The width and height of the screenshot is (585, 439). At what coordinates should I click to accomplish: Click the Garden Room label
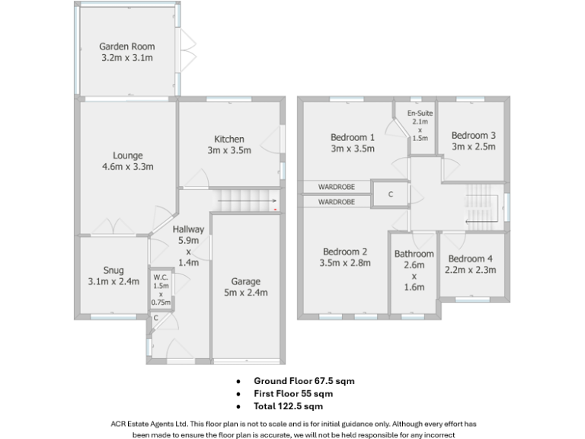(x=126, y=51)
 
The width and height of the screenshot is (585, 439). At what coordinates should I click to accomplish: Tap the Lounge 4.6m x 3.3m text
(x=128, y=161)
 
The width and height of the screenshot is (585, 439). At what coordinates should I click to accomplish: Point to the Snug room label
(x=113, y=276)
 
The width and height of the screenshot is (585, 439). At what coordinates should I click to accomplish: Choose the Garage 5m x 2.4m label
(x=246, y=287)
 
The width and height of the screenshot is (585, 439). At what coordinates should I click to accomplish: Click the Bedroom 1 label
(x=352, y=143)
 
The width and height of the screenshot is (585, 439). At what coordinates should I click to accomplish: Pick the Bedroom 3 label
(x=473, y=141)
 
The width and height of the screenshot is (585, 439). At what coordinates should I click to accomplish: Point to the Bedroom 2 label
(x=345, y=258)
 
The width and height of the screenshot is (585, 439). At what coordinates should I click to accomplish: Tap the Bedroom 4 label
(x=471, y=264)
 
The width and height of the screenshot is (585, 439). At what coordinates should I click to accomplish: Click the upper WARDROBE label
(x=336, y=186)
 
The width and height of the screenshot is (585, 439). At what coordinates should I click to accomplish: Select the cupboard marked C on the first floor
(x=390, y=194)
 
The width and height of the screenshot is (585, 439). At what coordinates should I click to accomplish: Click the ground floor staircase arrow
(x=244, y=202)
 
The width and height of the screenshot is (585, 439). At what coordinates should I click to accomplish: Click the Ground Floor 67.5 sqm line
(x=305, y=380)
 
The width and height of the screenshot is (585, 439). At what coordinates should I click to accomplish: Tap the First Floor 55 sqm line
(x=293, y=393)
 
